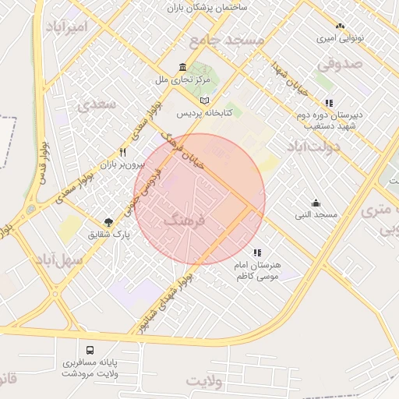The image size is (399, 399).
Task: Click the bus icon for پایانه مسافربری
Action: click(x=90, y=350)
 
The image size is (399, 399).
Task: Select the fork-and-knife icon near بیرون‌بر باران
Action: click(x=122, y=153)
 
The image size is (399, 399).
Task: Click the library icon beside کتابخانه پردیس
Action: click(x=204, y=101)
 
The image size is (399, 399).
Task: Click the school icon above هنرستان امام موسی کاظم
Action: click(x=257, y=252)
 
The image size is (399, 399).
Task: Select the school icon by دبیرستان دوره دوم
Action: click(x=329, y=102)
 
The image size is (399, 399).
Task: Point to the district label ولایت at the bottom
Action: click(x=204, y=381)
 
